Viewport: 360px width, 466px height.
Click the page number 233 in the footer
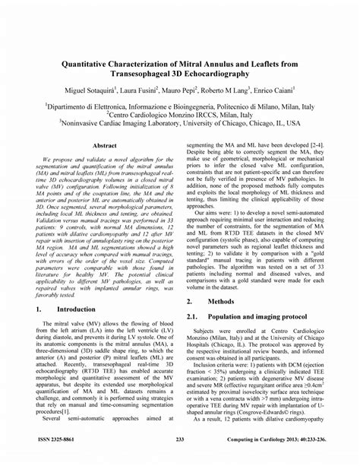[180, 439]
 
